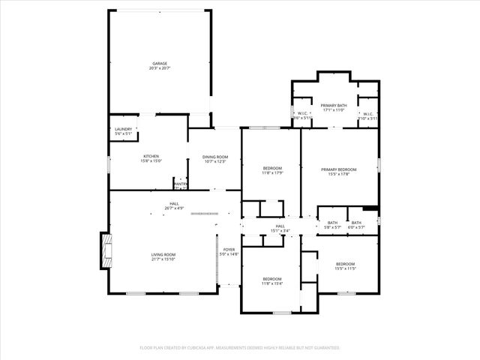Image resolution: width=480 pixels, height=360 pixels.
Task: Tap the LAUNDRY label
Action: pyautogui.click(x=123, y=129)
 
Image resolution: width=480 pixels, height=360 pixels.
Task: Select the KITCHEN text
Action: pyautogui.click(x=151, y=156)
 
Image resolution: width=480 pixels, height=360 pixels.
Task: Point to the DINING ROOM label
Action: pyautogui.click(x=214, y=157)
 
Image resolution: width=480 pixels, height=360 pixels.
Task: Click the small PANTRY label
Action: pyautogui.click(x=181, y=184)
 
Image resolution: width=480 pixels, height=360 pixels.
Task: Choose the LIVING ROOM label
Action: pyautogui.click(x=163, y=254)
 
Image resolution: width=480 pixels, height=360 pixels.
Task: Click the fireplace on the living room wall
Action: pyautogui.click(x=106, y=250)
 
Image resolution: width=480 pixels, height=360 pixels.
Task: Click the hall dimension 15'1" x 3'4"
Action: pyautogui.click(x=280, y=230)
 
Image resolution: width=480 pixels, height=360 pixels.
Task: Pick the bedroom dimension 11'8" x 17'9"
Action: pyautogui.click(x=272, y=172)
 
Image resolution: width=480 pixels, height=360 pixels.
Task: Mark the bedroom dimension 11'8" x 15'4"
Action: pyautogui.click(x=271, y=283)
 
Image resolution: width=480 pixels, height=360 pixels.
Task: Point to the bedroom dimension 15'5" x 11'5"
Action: pyautogui.click(x=345, y=268)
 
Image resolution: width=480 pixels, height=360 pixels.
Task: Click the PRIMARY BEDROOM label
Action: pyautogui.click(x=339, y=169)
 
